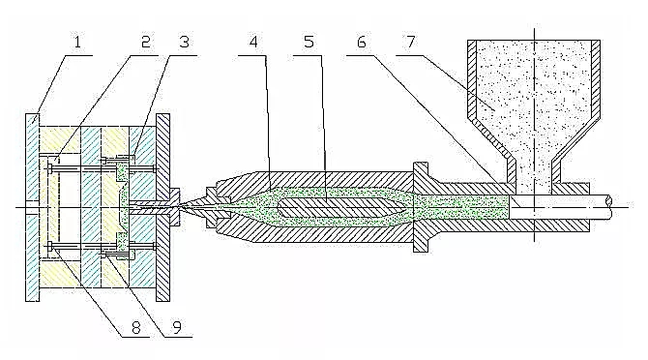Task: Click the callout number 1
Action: tap(77, 43)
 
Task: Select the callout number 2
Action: tap(145, 43)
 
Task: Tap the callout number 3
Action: tap(184, 43)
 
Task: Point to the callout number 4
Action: tap(253, 43)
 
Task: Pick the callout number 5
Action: tap(309, 43)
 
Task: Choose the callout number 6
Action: tap(361, 43)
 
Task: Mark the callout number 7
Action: tap(410, 43)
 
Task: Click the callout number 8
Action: tap(136, 328)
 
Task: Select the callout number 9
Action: tap(177, 328)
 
